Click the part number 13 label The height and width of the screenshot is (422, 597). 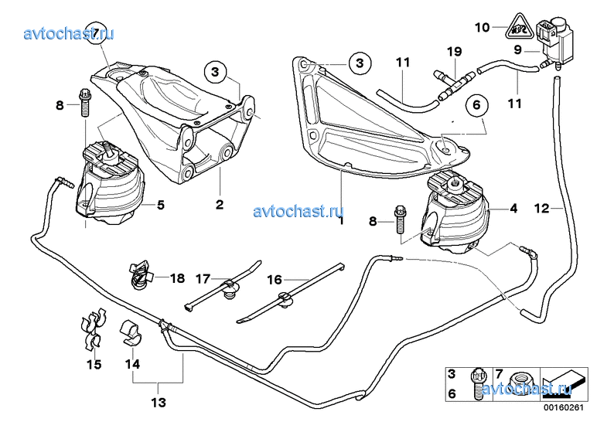(x=158, y=402)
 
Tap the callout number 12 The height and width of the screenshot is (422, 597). (x=542, y=207)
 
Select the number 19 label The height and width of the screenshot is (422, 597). (x=454, y=52)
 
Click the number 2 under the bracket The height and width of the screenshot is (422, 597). (x=220, y=205)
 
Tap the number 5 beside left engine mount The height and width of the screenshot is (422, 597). (x=161, y=205)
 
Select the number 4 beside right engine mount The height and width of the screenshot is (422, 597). (x=513, y=208)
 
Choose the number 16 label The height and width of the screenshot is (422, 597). (x=275, y=279)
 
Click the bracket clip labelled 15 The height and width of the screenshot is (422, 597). (x=93, y=328)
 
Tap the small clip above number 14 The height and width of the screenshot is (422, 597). (x=130, y=328)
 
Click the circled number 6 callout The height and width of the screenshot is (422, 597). (x=476, y=104)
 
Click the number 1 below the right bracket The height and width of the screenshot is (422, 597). (x=340, y=221)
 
